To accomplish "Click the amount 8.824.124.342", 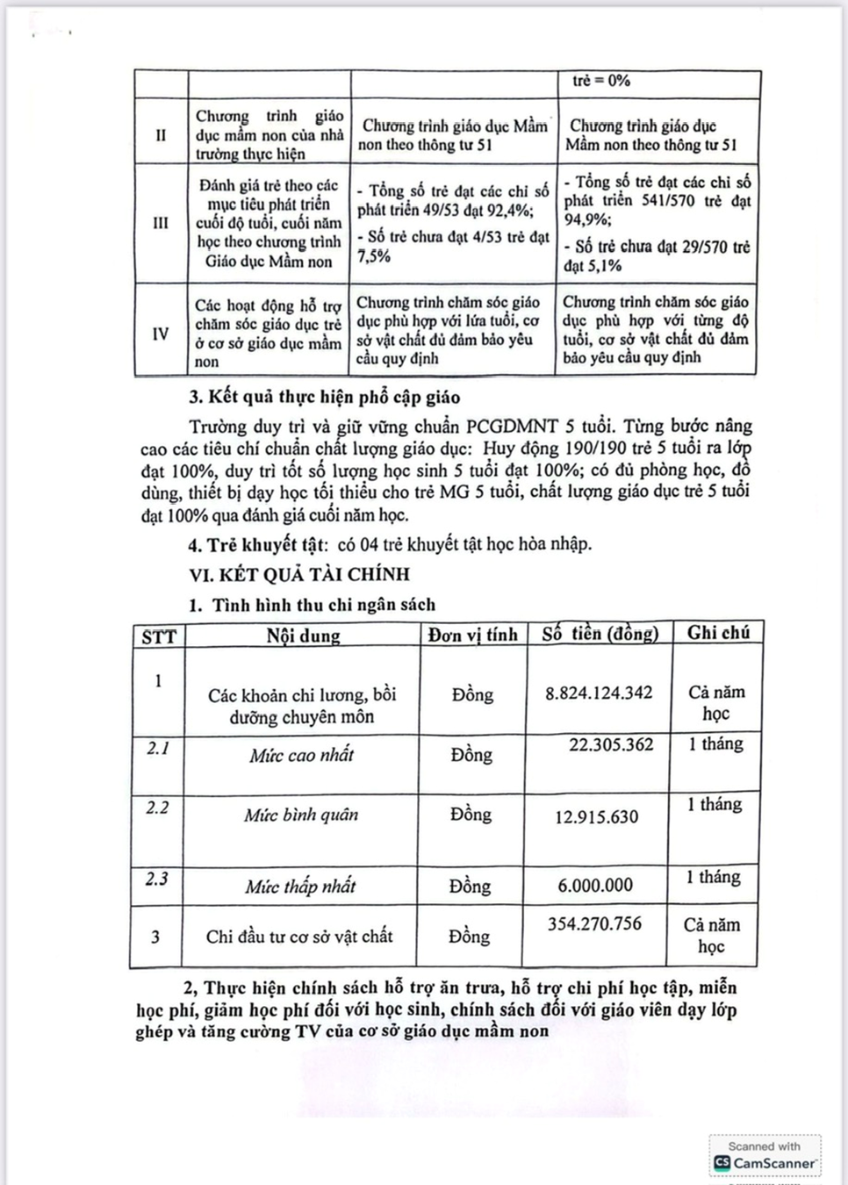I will coord(599,693).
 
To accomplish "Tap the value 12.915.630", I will coord(597,817).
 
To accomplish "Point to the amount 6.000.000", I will coord(595,885).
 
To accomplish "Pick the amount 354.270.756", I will coord(594,923).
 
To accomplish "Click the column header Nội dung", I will coord(303,636).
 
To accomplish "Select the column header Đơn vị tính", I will coord(472,635).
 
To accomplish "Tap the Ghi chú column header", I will coord(718,632).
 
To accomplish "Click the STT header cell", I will coord(158,636).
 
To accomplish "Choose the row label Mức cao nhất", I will coord(301,755).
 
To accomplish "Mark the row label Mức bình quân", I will coord(301,815).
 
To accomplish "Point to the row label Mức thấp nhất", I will coord(300,887).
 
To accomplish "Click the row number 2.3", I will coord(156,878).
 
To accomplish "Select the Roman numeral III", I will coord(161,222).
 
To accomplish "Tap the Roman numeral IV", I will coord(161,334).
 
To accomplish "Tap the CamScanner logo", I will coord(765,1162).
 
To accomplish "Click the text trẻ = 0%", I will coord(601,81).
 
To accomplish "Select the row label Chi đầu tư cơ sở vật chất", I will coord(299,937).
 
